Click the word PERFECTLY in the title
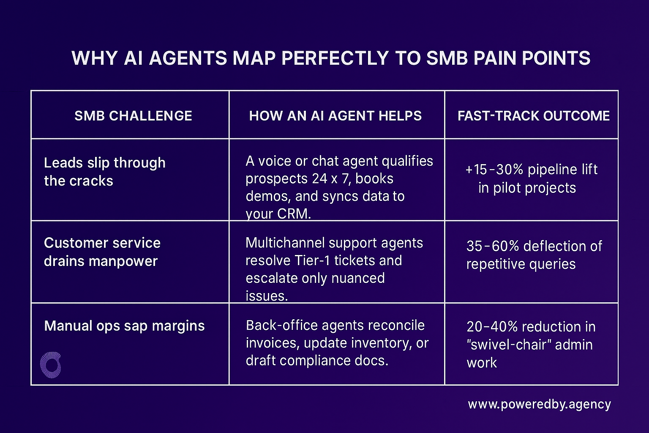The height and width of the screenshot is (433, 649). tap(335, 58)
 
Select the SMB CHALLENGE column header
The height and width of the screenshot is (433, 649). tap(133, 116)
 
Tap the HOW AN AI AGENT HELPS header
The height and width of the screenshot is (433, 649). tap(335, 116)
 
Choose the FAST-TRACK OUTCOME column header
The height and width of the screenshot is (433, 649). tap(533, 116)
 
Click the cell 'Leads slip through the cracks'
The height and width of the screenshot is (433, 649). tap(104, 172)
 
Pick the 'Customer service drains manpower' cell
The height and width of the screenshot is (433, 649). tap(102, 252)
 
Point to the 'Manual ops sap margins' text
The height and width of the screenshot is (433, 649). tap(124, 326)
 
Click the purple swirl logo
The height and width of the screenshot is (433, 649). tap(51, 364)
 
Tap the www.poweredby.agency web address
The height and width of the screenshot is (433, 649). tap(539, 405)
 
